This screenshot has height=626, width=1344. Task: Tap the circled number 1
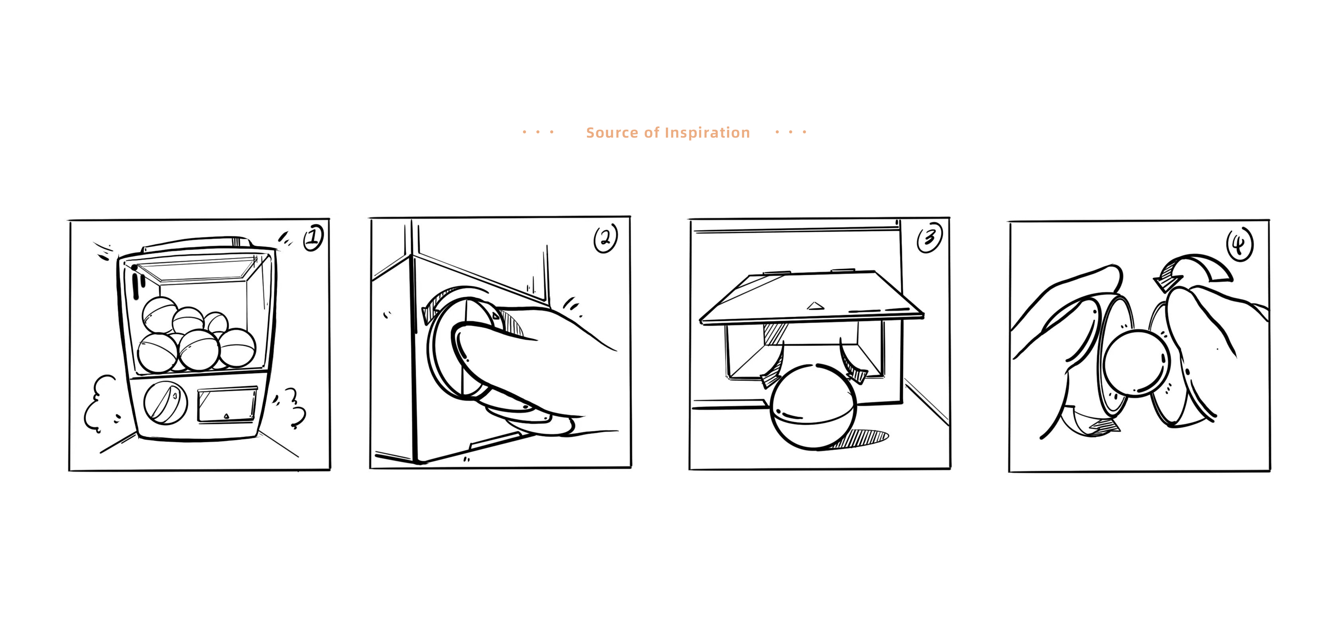click(x=313, y=238)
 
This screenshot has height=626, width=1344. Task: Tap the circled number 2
click(x=605, y=238)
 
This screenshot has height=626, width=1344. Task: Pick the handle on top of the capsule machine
click(x=198, y=244)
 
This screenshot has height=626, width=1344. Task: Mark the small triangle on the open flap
click(x=815, y=306)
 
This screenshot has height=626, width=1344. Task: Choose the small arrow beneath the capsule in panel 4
click(x=1093, y=423)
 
